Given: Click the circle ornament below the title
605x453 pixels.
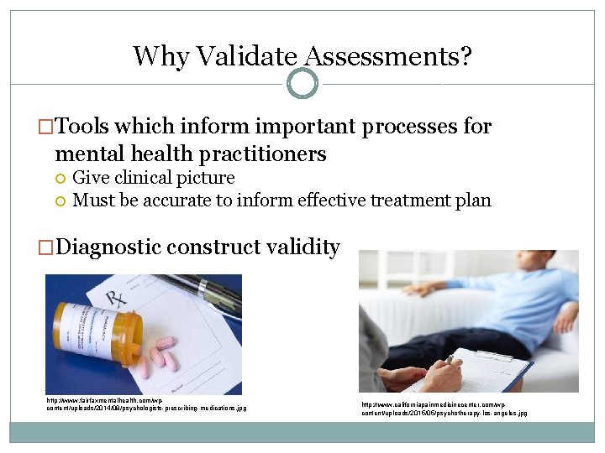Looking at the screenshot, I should click(x=302, y=84).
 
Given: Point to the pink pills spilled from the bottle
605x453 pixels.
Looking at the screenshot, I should click(x=161, y=357).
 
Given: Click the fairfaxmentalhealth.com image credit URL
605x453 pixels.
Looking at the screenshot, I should click(x=145, y=404).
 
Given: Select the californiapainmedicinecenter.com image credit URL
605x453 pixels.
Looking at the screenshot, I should click(x=444, y=409).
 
